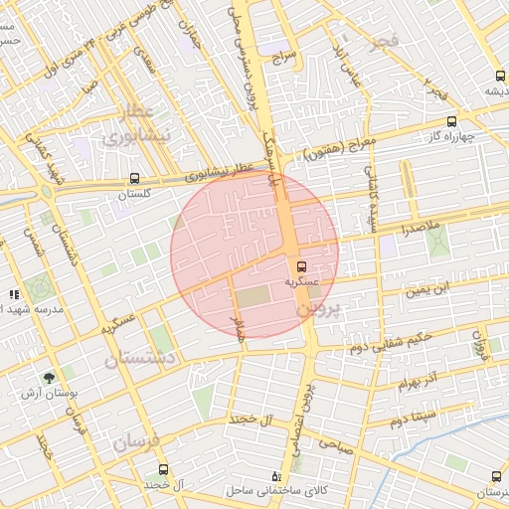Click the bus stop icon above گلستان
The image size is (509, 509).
[x=133, y=179]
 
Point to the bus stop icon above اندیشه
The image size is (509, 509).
[x=498, y=76]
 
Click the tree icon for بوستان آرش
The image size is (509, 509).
[x=49, y=378]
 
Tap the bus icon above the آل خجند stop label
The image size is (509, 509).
[x=163, y=468]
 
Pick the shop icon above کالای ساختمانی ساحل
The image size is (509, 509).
[x=276, y=475]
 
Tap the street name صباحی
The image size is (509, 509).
[x=357, y=448]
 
